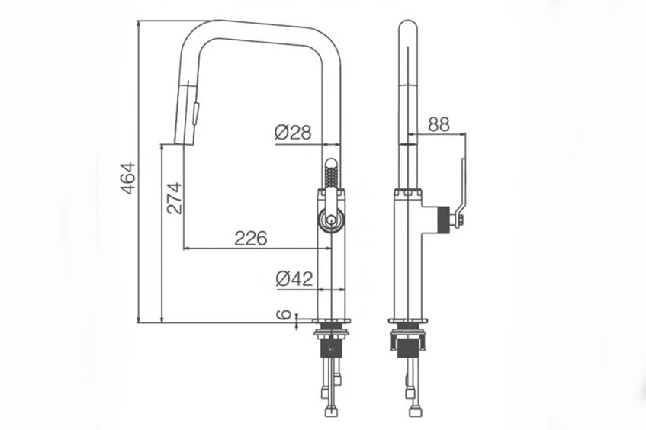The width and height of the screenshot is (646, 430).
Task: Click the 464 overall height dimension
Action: (129, 178)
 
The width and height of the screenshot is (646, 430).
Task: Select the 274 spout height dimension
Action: (174, 198)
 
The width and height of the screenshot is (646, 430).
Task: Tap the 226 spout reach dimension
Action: (251, 238)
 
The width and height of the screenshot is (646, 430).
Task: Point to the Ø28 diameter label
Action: (294, 133)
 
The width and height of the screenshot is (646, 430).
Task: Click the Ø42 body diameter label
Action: (294, 279)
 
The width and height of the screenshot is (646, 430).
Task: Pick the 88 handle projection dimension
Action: (439, 124)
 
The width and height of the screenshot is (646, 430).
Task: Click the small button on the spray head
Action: (196, 114)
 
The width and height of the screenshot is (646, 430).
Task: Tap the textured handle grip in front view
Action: (331, 174)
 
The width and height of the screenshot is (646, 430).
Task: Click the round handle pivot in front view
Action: (331, 221)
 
